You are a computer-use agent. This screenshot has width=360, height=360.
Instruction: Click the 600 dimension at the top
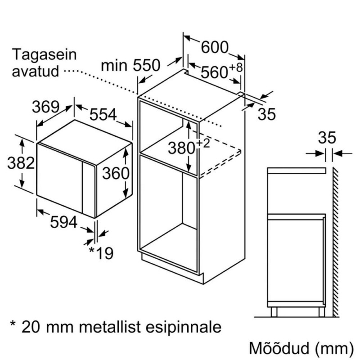click(x=215, y=47)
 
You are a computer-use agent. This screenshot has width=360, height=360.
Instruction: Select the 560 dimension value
click(x=215, y=72)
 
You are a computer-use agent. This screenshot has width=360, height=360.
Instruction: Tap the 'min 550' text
click(x=130, y=65)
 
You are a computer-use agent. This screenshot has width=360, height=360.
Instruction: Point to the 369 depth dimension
click(x=46, y=107)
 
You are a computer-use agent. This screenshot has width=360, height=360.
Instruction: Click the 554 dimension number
click(x=103, y=114)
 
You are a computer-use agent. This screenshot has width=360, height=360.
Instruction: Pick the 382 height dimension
click(x=21, y=163)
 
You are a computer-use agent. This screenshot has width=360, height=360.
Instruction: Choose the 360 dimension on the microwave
click(x=116, y=173)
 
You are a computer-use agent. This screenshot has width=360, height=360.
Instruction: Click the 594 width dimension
click(x=63, y=222)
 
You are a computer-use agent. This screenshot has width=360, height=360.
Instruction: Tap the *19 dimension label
click(x=101, y=253)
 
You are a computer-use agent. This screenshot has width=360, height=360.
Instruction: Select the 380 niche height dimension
click(x=182, y=148)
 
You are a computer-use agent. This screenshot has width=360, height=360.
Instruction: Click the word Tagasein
click(x=44, y=54)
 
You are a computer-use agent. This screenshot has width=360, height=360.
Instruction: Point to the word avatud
click(x=36, y=71)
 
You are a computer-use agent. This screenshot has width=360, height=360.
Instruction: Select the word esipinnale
click(x=184, y=327)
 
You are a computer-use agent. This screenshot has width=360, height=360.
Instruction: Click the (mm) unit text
click(x=334, y=348)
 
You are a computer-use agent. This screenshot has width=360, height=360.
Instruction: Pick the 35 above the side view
click(x=327, y=138)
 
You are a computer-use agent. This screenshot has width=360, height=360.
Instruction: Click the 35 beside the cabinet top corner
click(x=266, y=114)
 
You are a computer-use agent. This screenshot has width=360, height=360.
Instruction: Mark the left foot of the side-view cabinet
click(x=274, y=312)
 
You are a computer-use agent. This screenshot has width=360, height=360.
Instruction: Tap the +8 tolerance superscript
click(x=235, y=67)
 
